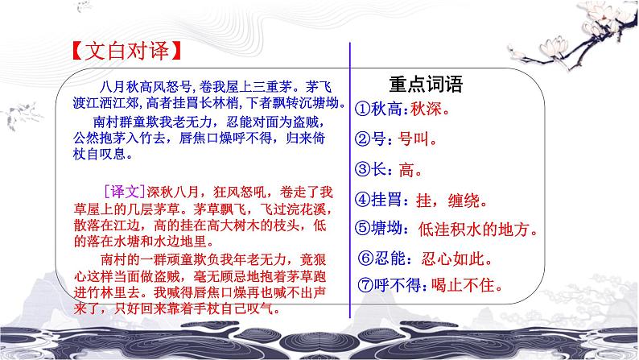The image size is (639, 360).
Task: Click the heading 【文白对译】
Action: [121, 55]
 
